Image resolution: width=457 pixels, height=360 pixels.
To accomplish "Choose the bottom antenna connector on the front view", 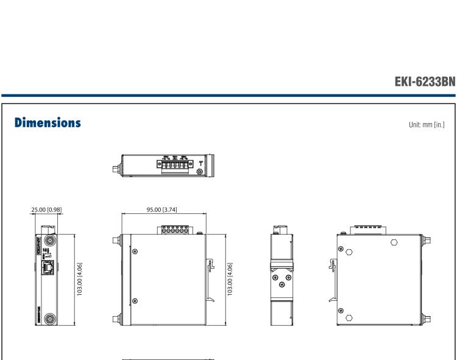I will pos(49,319).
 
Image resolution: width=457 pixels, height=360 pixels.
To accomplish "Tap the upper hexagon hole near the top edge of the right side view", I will pos(394,241).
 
